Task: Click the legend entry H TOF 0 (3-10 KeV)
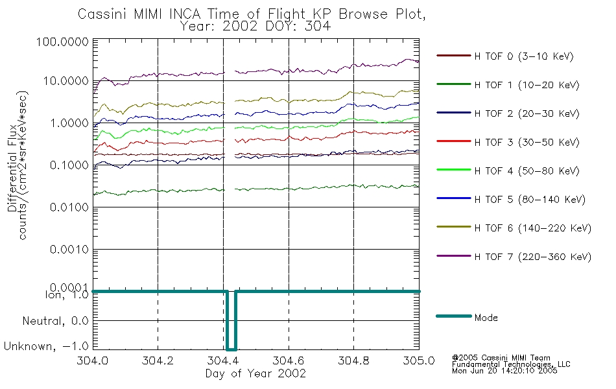[505, 56]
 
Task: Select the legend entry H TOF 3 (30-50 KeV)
[508, 142]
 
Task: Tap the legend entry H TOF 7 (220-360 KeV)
[514, 257]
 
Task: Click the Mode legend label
[486, 318]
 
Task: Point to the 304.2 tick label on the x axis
[158, 360]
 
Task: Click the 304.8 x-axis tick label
[353, 360]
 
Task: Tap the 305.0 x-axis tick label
[419, 360]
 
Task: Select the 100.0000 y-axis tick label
[62, 41]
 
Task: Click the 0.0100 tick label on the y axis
[69, 207]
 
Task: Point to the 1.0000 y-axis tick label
[69, 123]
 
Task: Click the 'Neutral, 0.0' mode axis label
[55, 321]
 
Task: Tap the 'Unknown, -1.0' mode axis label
[46, 346]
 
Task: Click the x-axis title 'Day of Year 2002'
[255, 373]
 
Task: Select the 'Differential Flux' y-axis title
[12, 168]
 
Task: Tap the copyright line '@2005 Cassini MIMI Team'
[501, 358]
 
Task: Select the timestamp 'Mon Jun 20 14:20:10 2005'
[504, 371]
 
